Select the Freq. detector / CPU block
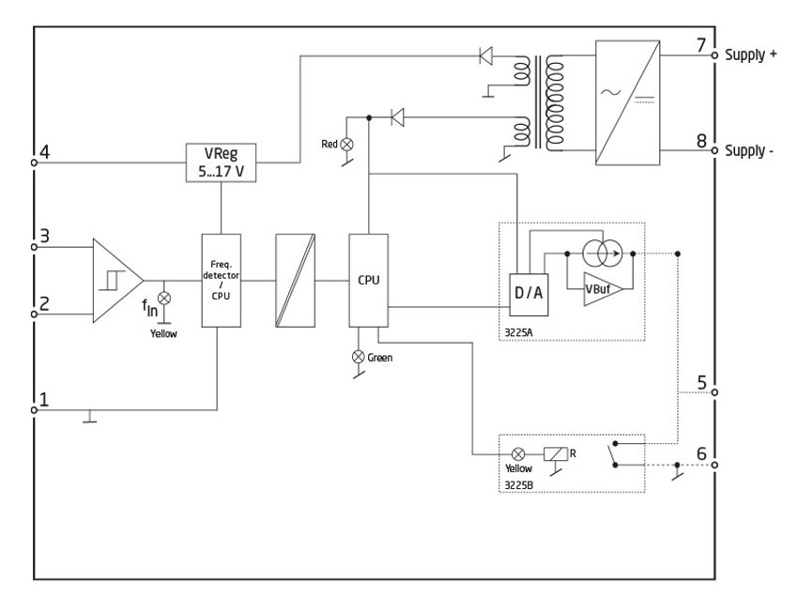point(220,280)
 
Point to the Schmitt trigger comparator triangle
point(115,280)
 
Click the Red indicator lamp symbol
point(346,145)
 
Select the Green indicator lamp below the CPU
point(356,356)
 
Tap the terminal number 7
point(699,47)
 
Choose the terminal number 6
point(699,452)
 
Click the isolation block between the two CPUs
point(295,280)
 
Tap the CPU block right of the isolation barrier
point(367,280)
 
